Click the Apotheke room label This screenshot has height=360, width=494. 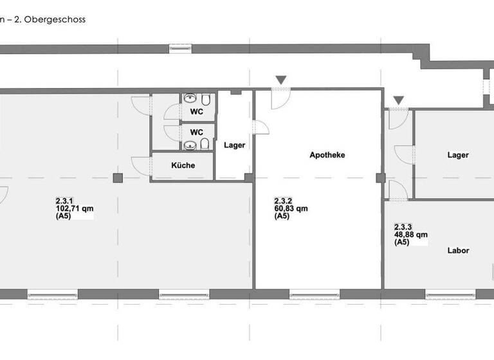click(x=327, y=155)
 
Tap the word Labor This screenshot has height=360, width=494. click(x=458, y=250)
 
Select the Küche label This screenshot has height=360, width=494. click(x=183, y=165)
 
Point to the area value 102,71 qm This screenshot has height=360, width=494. click(x=75, y=208)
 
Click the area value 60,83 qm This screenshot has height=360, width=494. click(x=291, y=208)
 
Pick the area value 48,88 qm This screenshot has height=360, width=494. click(x=411, y=235)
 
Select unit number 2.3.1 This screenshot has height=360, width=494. click(x=64, y=201)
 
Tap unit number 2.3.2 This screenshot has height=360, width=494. click(x=284, y=200)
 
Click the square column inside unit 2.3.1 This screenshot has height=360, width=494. click(x=117, y=178)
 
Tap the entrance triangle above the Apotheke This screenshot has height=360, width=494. click(x=280, y=80)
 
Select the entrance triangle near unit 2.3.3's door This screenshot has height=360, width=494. click(x=399, y=100)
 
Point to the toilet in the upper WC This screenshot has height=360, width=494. click(x=205, y=101)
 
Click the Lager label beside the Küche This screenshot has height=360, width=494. click(x=234, y=145)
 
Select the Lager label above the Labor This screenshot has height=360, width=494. click(x=458, y=155)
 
